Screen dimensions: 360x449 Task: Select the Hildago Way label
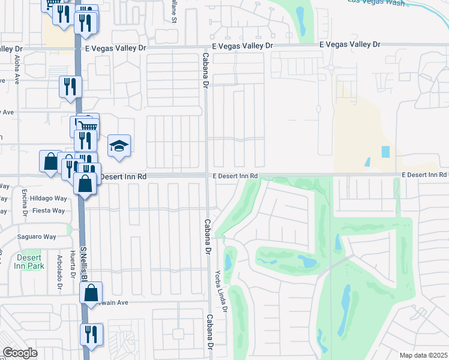tap(49, 198)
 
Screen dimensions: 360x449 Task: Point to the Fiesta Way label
tap(49, 211)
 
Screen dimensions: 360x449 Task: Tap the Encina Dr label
tap(25, 203)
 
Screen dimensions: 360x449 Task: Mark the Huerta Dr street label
tap(72, 262)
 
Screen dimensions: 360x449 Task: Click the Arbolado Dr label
tap(60, 274)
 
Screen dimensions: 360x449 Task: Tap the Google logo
tap(20, 353)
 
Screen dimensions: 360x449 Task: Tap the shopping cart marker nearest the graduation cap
tap(88, 125)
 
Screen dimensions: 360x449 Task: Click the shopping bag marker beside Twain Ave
tap(91, 293)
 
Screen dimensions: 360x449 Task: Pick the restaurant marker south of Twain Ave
tap(91, 334)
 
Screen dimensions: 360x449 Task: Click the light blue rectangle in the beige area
tap(385, 152)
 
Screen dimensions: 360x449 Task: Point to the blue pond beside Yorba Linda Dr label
tap(229, 262)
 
